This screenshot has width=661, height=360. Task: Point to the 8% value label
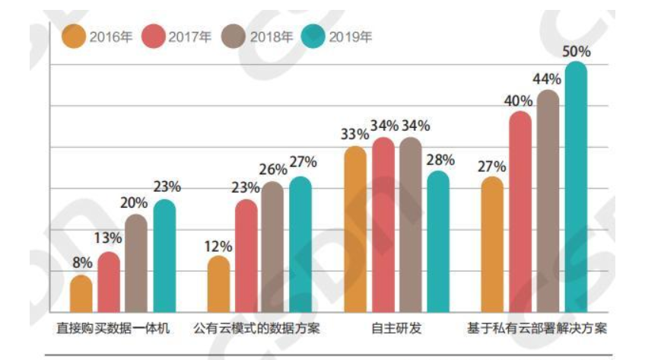tap(82, 263)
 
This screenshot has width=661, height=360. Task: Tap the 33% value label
tap(354, 134)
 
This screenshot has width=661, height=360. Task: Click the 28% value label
tap(440, 159)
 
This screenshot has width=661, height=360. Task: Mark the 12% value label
tap(218, 245)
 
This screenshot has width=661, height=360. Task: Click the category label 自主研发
tap(396, 329)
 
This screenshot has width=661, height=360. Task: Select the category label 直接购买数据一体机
tap(113, 329)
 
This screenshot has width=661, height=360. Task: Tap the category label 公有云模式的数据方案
tap(256, 329)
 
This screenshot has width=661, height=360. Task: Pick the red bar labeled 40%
tap(520, 213)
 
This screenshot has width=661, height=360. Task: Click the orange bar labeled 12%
tap(219, 285)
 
